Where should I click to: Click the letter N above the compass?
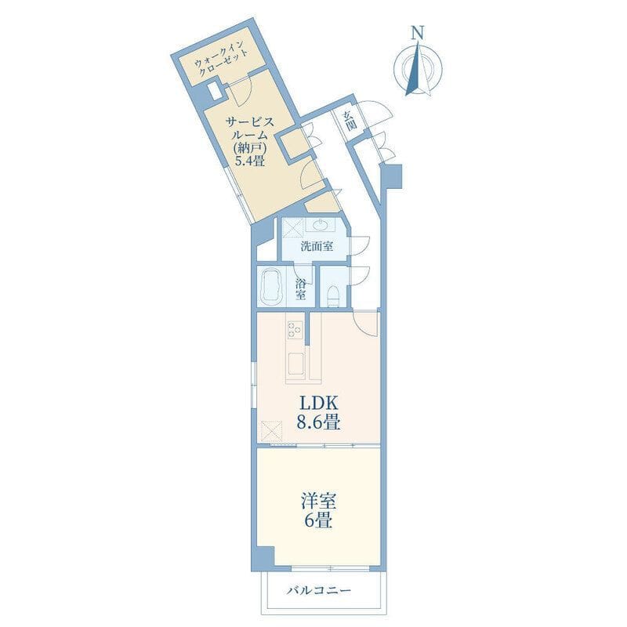coord(418,33)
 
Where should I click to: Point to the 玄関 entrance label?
coord(349,121)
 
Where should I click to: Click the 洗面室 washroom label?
coord(317,246)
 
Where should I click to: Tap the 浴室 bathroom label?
coord(301,290)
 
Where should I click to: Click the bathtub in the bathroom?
coord(271,287)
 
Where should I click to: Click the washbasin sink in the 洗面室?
coord(321,225)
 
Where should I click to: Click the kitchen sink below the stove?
coord(296,364)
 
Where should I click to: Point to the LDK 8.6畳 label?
coord(318,412)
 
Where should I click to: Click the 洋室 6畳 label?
coord(318,510)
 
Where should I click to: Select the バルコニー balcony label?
coord(319,591)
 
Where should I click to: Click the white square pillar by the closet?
coord(215,92)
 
